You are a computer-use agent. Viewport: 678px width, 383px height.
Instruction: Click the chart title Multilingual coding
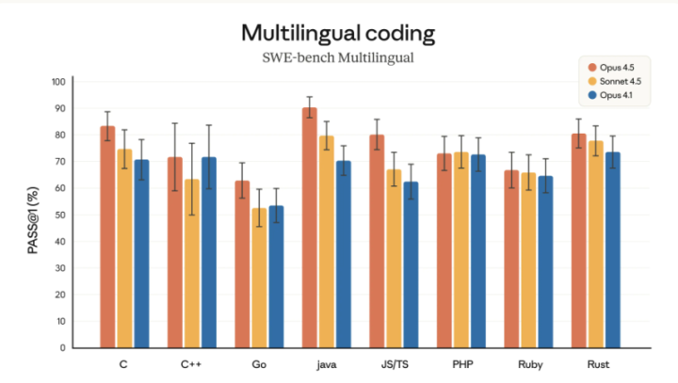click(338, 34)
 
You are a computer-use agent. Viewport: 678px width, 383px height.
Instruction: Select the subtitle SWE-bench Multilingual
click(338, 58)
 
